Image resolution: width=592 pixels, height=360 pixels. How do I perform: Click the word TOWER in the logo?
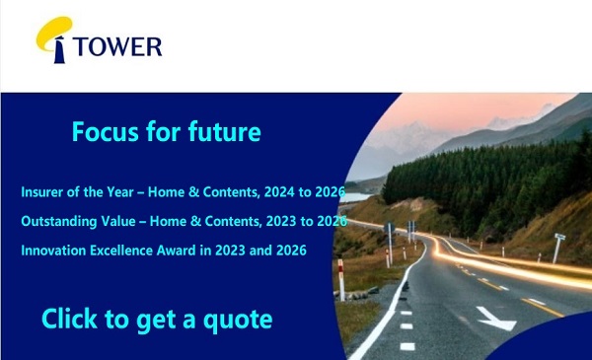coord(117,46)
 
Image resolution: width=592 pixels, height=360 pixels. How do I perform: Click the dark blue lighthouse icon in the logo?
coord(59,50)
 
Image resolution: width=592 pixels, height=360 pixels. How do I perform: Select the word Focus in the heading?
coord(106,132)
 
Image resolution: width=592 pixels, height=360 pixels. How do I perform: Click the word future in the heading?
coord(224,132)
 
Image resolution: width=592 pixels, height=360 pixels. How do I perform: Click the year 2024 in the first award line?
coord(279,192)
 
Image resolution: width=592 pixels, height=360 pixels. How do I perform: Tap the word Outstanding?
coord(59,222)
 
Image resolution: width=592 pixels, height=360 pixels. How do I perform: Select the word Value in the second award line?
coord(118,221)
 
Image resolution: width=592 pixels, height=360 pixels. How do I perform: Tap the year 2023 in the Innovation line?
coord(230,251)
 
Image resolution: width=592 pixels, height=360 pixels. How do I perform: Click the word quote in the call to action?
coord(238,321)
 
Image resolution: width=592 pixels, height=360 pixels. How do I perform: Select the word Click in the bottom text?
coord(69,319)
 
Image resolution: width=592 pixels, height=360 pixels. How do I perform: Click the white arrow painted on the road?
coord(495,319)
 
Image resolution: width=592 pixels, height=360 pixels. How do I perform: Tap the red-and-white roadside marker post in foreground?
coord(341,280)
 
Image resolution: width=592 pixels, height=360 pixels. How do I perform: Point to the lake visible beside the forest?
coord(357,197)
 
